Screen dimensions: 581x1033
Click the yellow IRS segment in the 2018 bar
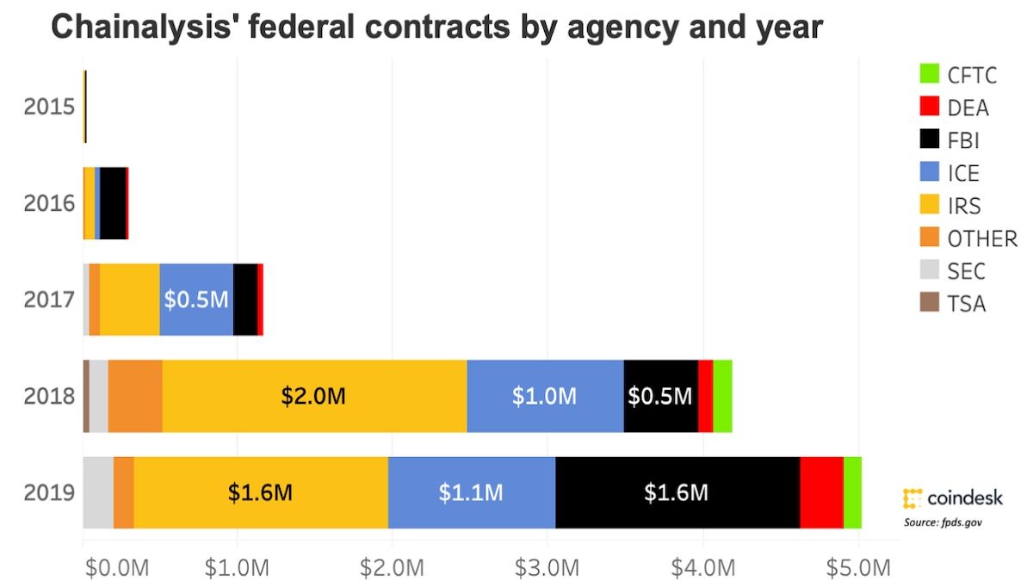tap(314, 396)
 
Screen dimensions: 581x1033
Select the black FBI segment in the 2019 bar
tap(677, 492)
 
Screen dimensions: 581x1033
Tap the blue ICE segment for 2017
tap(196, 300)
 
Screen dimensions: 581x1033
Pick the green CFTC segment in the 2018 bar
tap(722, 396)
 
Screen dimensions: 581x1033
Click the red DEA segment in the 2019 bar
tap(821, 492)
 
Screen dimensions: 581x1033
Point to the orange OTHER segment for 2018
tap(135, 396)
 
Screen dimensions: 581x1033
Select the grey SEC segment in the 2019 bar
tap(98, 492)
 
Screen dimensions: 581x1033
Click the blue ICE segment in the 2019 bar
tap(472, 492)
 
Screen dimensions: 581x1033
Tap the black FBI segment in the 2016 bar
tap(113, 203)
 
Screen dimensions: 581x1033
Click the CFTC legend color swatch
tap(929, 74)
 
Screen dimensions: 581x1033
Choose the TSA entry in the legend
tap(966, 303)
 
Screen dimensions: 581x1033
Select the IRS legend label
tap(964, 205)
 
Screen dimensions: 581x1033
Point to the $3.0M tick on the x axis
tap(547, 568)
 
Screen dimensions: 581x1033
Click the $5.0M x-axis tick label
tap(858, 568)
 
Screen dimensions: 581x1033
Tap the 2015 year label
tap(50, 108)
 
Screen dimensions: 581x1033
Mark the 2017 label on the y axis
tap(50, 300)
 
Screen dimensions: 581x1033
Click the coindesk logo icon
tap(912, 498)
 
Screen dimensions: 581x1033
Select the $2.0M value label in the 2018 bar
tap(314, 396)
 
